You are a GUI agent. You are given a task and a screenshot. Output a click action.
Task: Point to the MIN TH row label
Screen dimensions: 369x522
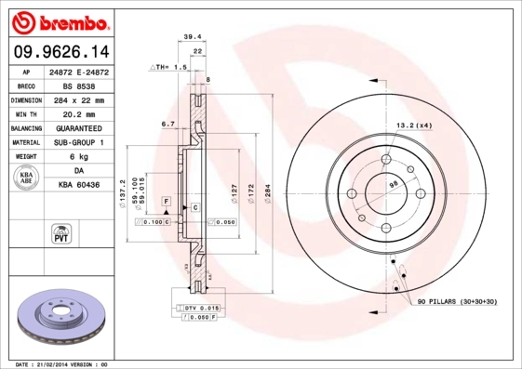click(24, 113)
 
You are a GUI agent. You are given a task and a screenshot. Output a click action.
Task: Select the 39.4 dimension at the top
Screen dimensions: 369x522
click(193, 37)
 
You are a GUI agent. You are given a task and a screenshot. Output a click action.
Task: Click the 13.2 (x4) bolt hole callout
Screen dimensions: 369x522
click(414, 125)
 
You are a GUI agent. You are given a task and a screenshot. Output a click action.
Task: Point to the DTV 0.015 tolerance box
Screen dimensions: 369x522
click(200, 308)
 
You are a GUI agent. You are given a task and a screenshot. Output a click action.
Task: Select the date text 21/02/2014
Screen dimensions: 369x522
click(57, 364)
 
